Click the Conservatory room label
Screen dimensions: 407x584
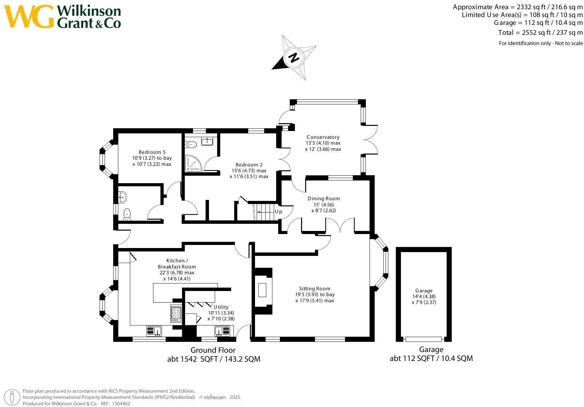pyautogui.click(x=323, y=137)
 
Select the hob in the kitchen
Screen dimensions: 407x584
pyautogui.click(x=176, y=313)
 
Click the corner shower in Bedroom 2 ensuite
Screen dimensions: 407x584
pyautogui.click(x=193, y=164)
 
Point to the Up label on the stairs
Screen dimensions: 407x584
pyautogui.click(x=279, y=212)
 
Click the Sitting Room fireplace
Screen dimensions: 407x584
pyautogui.click(x=263, y=291)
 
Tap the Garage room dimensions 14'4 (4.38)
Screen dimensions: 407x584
pyautogui.click(x=424, y=296)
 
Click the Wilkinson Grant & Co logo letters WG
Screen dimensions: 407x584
pyautogui.click(x=29, y=16)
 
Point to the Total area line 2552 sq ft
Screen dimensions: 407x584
pyautogui.click(x=540, y=33)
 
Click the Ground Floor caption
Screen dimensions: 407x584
pyautogui.click(x=213, y=350)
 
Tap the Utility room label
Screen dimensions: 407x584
pyautogui.click(x=221, y=307)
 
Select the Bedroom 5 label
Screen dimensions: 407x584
pyautogui.click(x=152, y=152)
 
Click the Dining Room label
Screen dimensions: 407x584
pyautogui.click(x=324, y=199)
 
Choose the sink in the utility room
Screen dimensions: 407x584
pyautogui.click(x=222, y=331)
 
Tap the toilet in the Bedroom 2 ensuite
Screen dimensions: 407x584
pyautogui.click(x=192, y=144)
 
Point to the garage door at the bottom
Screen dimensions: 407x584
pyautogui.click(x=423, y=339)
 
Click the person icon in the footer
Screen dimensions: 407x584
pyautogui.click(x=13, y=397)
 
